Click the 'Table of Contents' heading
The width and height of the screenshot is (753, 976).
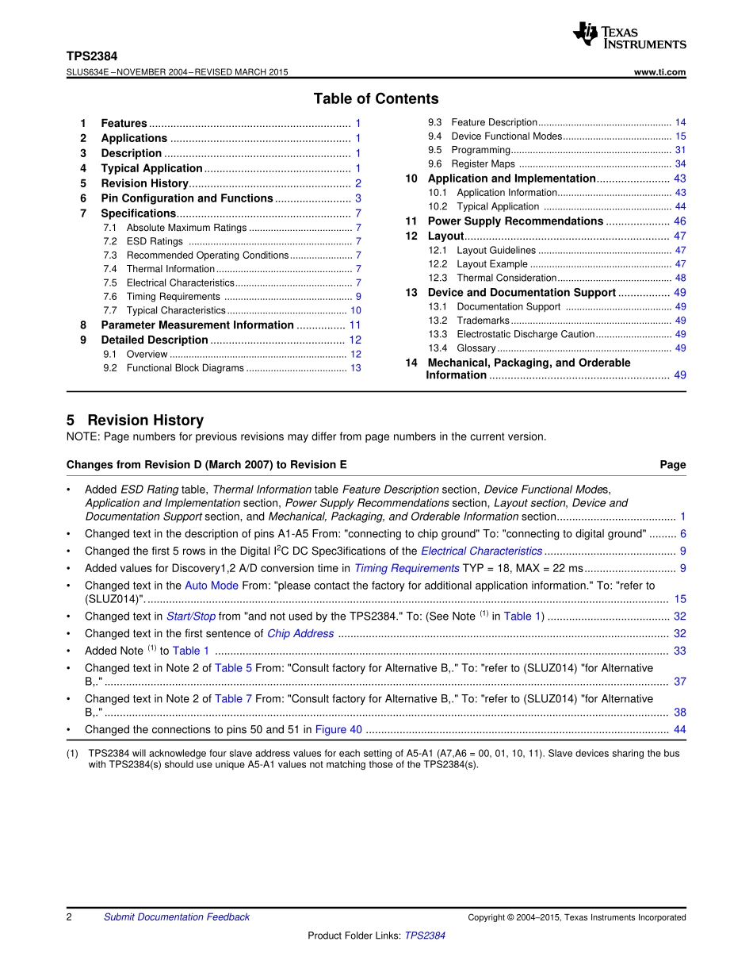[x=376, y=99]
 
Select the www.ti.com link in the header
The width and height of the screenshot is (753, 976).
[x=660, y=72]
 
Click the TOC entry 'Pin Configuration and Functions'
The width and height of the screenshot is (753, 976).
[x=186, y=198]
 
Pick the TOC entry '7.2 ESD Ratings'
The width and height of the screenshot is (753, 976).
[x=155, y=241]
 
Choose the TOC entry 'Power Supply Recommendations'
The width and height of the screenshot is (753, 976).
[x=515, y=221]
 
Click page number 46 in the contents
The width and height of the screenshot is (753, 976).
[x=680, y=221]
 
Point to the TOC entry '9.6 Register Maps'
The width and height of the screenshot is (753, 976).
[x=483, y=164]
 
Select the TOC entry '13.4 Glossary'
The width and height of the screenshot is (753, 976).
[x=476, y=348]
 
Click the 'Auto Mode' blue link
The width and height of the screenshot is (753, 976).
[x=212, y=586]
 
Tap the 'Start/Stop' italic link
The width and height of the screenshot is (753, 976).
[x=191, y=617]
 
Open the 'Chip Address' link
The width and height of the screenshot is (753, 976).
[x=300, y=633]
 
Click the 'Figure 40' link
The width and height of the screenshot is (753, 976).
[x=338, y=730]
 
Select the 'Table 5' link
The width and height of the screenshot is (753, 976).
[x=233, y=668]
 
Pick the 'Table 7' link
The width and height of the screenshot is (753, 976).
[x=233, y=699]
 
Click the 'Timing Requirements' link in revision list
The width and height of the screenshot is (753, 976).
[x=407, y=568]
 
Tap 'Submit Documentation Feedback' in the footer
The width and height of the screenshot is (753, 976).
[x=176, y=917]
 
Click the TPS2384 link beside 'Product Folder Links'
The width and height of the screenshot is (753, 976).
[x=425, y=936]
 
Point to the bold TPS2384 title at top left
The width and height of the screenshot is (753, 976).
[x=92, y=57]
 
